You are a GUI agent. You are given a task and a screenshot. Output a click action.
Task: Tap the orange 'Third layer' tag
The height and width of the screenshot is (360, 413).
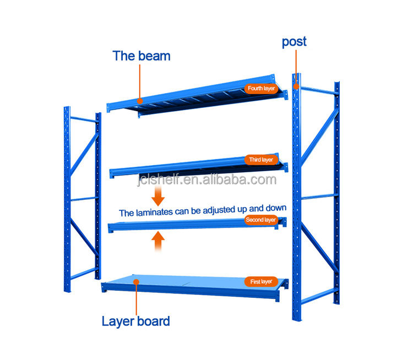260,160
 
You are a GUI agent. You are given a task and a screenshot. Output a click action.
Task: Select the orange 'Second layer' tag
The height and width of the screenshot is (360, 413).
260,220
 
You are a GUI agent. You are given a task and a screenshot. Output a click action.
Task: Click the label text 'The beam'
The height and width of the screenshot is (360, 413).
142,56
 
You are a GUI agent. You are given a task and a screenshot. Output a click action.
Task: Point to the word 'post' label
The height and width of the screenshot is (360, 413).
294,42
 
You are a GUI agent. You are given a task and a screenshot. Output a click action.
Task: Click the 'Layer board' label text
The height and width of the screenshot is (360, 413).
136,321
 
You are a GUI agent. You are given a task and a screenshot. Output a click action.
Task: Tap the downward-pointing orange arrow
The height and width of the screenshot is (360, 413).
159,194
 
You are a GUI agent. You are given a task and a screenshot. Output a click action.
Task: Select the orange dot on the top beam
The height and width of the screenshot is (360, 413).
140,101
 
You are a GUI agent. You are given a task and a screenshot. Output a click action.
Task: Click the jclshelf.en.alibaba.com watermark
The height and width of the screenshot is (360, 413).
206,180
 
